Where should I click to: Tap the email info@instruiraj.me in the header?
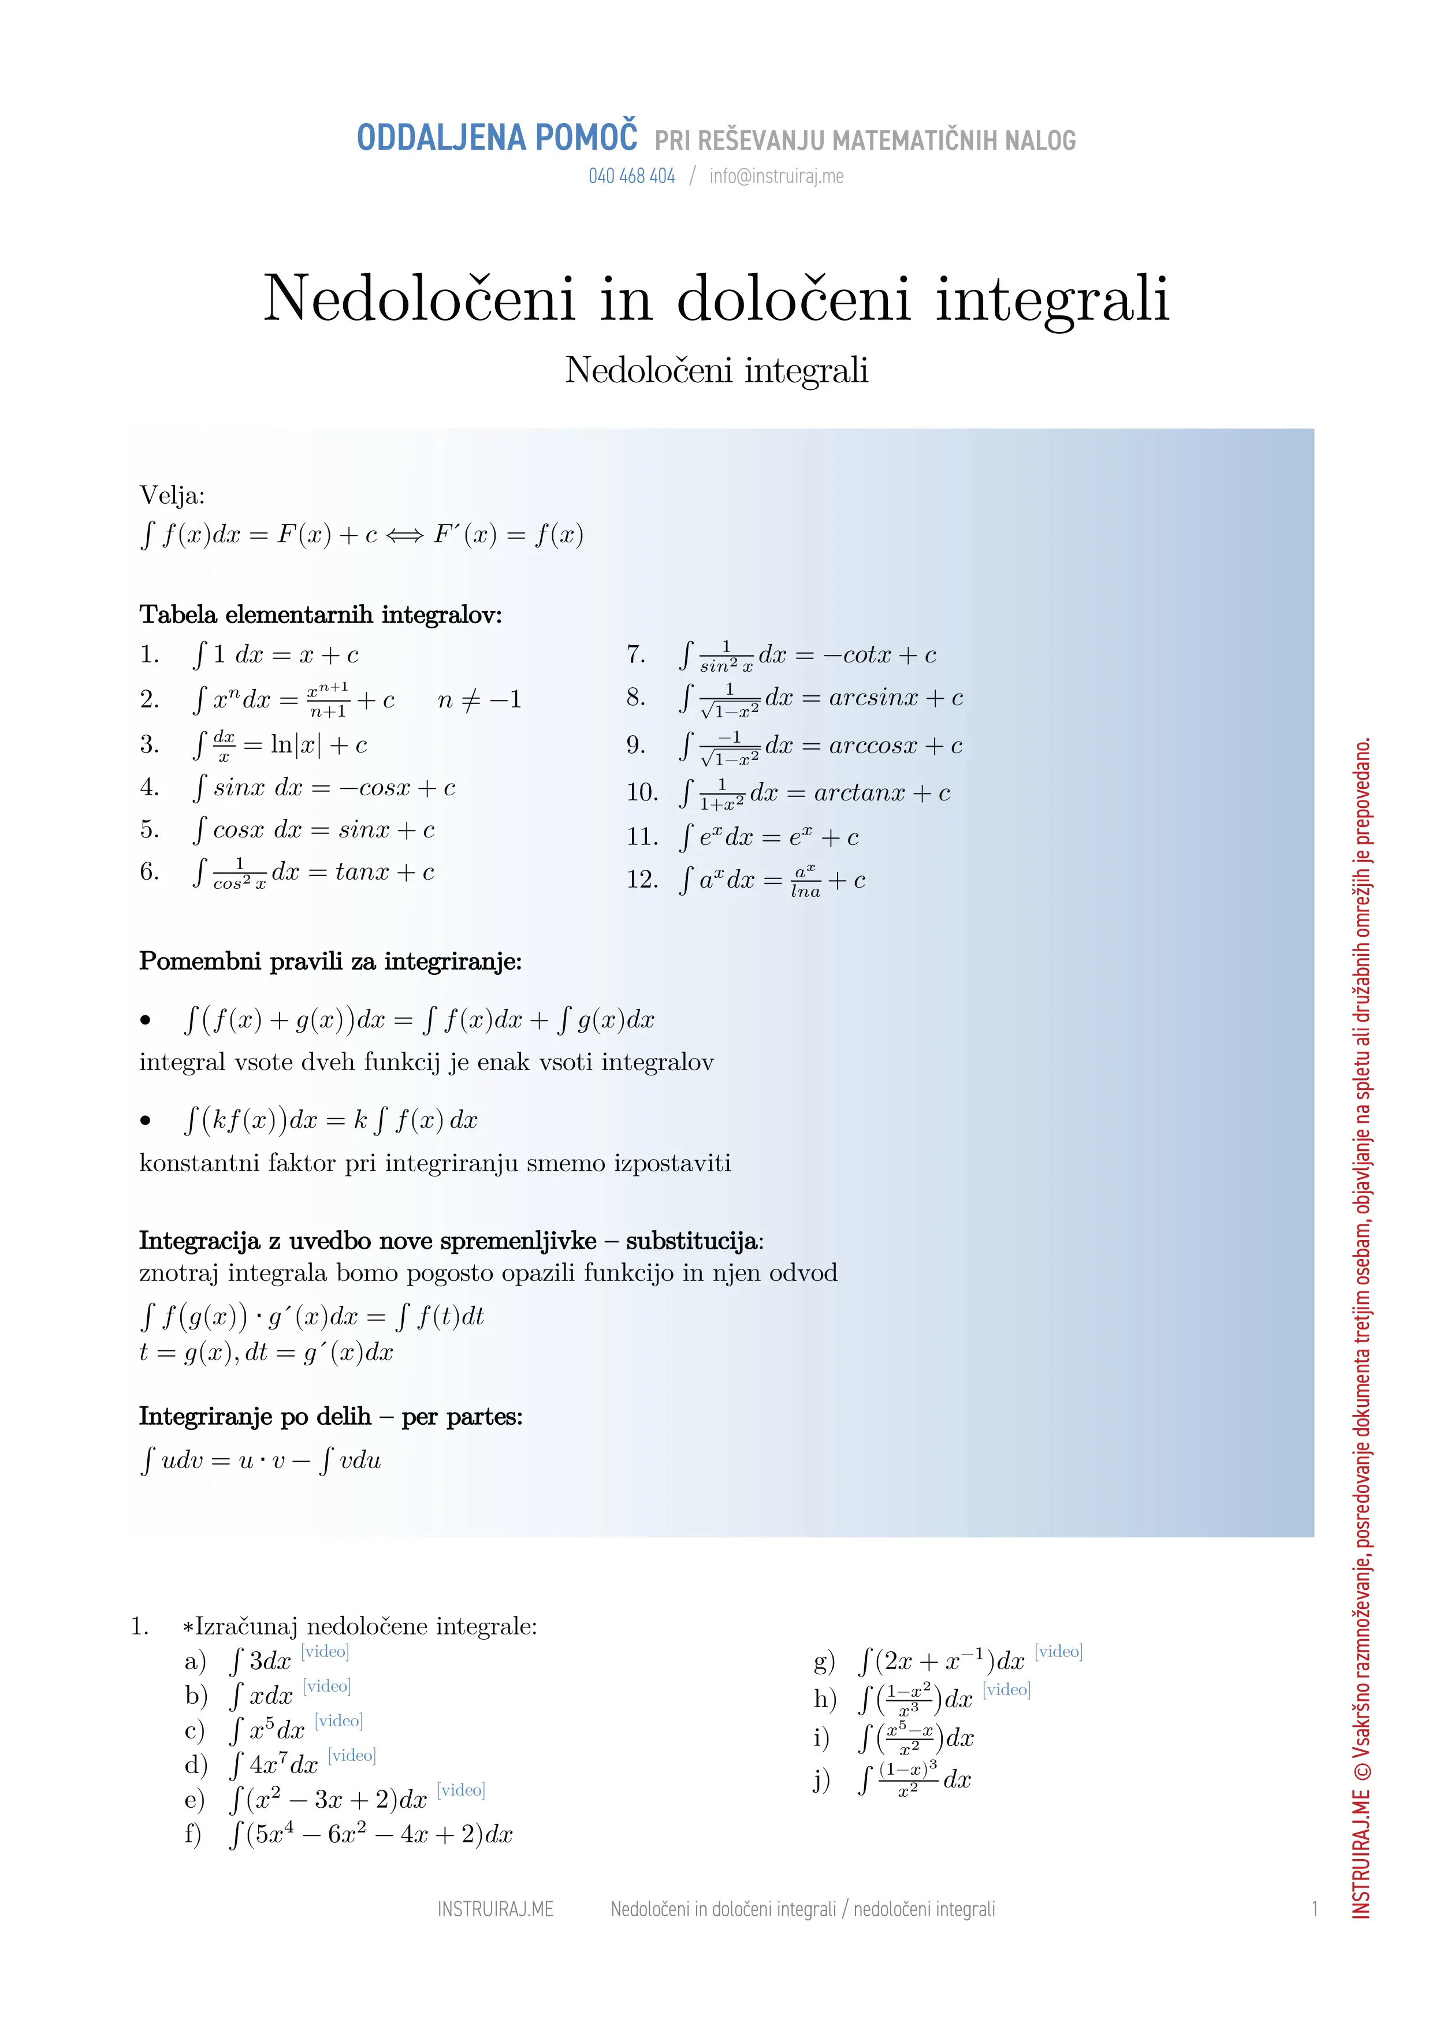click(x=776, y=177)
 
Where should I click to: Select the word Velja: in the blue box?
click(x=172, y=496)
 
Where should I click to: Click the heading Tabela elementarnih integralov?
click(x=320, y=615)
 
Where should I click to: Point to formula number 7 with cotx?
click(x=808, y=655)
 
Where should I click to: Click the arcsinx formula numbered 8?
click(x=820, y=698)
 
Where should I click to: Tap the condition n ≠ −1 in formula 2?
click(x=479, y=701)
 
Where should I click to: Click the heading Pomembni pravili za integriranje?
click(x=330, y=961)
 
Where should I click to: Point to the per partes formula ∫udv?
click(x=261, y=1461)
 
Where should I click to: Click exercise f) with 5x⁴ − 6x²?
click(x=371, y=1834)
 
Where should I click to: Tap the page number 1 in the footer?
click(x=1314, y=1909)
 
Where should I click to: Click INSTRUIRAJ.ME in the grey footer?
click(x=495, y=1909)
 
